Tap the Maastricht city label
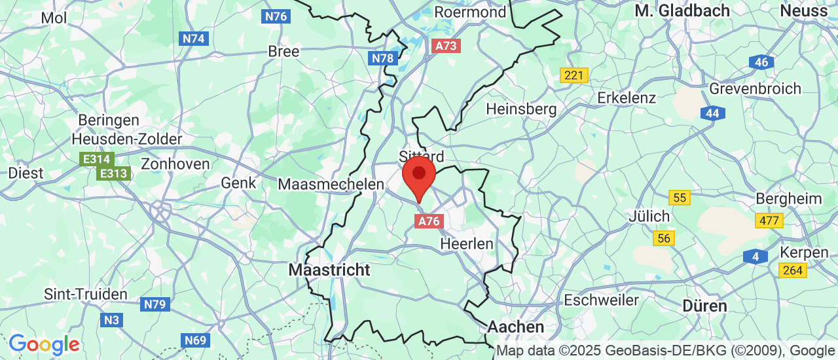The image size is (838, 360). (x=329, y=270)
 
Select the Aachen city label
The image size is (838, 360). (x=516, y=327)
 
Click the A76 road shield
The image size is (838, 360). (x=429, y=221)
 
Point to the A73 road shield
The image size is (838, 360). (x=446, y=46)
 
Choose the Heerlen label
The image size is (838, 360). (x=467, y=243)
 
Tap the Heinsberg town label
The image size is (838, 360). (x=521, y=109)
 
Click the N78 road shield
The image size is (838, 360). (x=383, y=58)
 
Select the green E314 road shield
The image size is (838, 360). (x=97, y=159)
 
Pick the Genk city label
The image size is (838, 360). (x=238, y=183)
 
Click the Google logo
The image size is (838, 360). (x=44, y=344)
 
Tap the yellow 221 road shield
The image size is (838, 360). (x=574, y=75)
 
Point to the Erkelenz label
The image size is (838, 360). (x=627, y=98)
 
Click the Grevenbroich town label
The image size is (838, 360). (x=756, y=88)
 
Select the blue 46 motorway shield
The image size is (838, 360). (x=761, y=62)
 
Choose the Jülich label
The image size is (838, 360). (x=649, y=216)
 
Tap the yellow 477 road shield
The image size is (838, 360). (x=769, y=221)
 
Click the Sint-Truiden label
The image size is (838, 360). (x=86, y=294)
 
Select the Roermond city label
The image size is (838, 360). (x=471, y=12)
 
